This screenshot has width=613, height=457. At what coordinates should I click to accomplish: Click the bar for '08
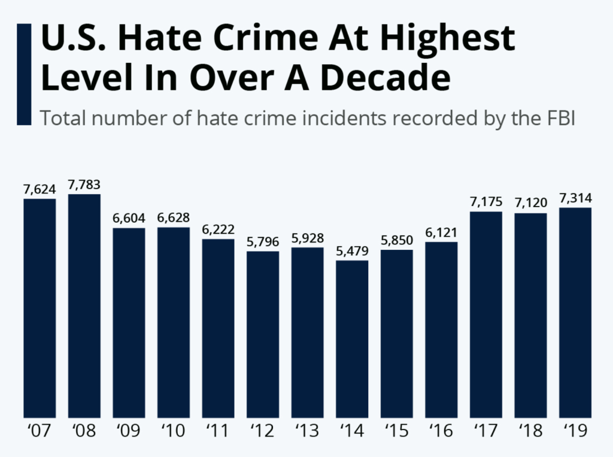pos(84,305)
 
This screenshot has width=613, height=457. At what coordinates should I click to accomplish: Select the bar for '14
pos(352,338)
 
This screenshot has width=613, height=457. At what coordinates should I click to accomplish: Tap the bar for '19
pos(575,312)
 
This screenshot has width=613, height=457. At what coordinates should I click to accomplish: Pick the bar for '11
pos(218,328)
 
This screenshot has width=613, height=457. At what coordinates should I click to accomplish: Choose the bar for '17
pos(486,314)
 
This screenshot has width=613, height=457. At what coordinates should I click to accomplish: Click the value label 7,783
pos(84,184)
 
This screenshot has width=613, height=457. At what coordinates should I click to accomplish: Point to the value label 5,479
pos(352,251)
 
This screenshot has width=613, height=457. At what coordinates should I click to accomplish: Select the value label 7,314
pos(575,198)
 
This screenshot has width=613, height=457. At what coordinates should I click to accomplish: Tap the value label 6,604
pos(129,218)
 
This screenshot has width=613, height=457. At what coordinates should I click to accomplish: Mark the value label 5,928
pos(307,238)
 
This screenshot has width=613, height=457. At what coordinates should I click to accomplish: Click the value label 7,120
pos(530,203)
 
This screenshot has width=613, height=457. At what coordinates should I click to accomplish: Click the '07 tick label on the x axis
pos(40,431)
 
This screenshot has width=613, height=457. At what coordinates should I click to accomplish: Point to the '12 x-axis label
pos(263,431)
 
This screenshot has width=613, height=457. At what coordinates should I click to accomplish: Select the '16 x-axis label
pos(441,431)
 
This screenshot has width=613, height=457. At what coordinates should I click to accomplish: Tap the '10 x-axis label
pos(174,431)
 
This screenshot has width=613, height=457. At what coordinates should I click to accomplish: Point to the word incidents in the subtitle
pos(342,118)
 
